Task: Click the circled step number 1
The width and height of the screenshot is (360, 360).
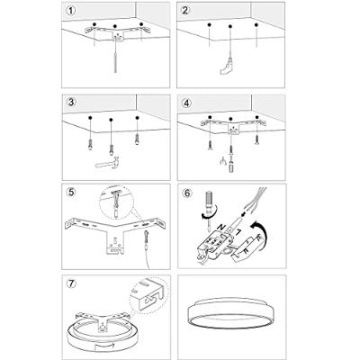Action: click(x=71, y=11)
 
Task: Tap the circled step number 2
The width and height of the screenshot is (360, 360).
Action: click(x=186, y=11)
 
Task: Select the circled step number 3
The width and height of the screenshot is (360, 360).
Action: click(x=71, y=103)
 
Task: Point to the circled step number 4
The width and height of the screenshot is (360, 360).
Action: click(x=186, y=103)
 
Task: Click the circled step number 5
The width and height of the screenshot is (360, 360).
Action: click(x=71, y=192)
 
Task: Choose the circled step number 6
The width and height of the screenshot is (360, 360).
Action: click(x=186, y=193)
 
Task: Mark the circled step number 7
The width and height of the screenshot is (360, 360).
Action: click(x=71, y=283)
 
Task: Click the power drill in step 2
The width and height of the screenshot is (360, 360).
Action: click(x=226, y=67)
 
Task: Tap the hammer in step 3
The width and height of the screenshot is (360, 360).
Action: click(x=108, y=162)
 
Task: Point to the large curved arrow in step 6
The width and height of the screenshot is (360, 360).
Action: click(x=262, y=232)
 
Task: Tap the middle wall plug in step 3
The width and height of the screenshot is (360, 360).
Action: click(x=111, y=149)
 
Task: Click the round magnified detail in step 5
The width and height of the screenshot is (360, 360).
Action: click(x=117, y=203)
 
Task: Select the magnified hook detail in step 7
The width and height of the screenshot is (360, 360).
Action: click(x=149, y=294)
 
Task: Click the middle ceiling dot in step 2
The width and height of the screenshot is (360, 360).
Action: click(x=230, y=26)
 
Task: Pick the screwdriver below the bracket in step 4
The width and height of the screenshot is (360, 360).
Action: click(x=231, y=165)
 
